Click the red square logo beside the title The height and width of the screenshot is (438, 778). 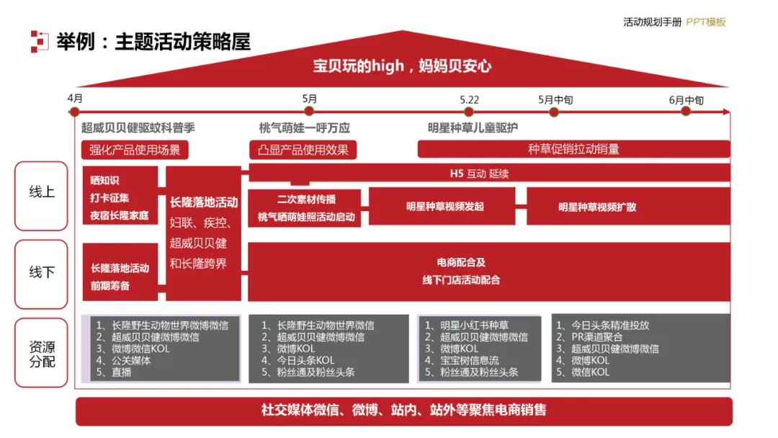pyautogui.click(x=39, y=42)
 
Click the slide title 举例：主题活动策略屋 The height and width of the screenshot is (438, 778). pyautogui.click(x=153, y=42)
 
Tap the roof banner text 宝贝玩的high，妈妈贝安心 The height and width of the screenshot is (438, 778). pyautogui.click(x=402, y=66)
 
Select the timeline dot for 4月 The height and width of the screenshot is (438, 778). pyautogui.click(x=74, y=111)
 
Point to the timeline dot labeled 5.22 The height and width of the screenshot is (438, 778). pyautogui.click(x=469, y=111)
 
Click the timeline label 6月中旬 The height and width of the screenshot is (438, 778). pyautogui.click(x=685, y=100)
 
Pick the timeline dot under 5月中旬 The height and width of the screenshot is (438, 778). pyautogui.click(x=554, y=111)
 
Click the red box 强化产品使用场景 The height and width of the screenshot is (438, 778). pyautogui.click(x=135, y=150)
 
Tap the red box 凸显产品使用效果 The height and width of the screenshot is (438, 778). pyautogui.click(x=303, y=150)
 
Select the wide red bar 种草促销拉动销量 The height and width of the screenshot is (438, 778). pyautogui.click(x=573, y=149)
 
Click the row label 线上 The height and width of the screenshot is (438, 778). pyautogui.click(x=42, y=192)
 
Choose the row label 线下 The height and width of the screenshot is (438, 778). pyautogui.click(x=42, y=272)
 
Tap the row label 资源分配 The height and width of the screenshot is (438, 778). pyautogui.click(x=42, y=354)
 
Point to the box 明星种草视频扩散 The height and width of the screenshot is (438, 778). pyautogui.click(x=597, y=207)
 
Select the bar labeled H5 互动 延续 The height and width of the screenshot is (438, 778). pyautogui.click(x=489, y=173)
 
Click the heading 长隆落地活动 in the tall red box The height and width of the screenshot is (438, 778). pyautogui.click(x=204, y=202)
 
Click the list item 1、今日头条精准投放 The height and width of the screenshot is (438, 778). pyautogui.click(x=609, y=325)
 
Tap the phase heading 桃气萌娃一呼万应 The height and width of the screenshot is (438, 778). pyautogui.click(x=304, y=128)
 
